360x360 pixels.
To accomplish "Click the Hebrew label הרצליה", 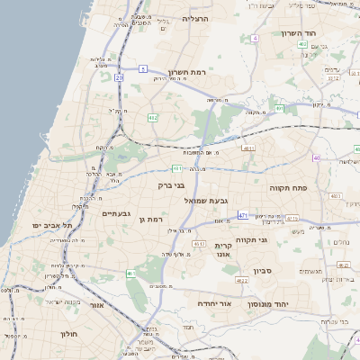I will [195, 18].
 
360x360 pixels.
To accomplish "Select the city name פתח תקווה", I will [288, 189].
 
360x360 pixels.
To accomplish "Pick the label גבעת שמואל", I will [205, 201].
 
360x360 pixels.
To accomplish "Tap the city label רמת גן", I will [158, 219].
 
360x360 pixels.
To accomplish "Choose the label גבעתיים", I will [117, 213].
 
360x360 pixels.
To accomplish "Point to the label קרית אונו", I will [224, 249].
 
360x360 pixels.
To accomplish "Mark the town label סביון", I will [263, 270].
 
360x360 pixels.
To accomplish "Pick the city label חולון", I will [70, 334].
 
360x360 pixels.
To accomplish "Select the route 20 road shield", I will [119, 77].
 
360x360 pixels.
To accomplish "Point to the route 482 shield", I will [153, 117].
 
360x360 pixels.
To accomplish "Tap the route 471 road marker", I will [243, 215].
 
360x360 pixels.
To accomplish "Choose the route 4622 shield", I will [242, 281].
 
